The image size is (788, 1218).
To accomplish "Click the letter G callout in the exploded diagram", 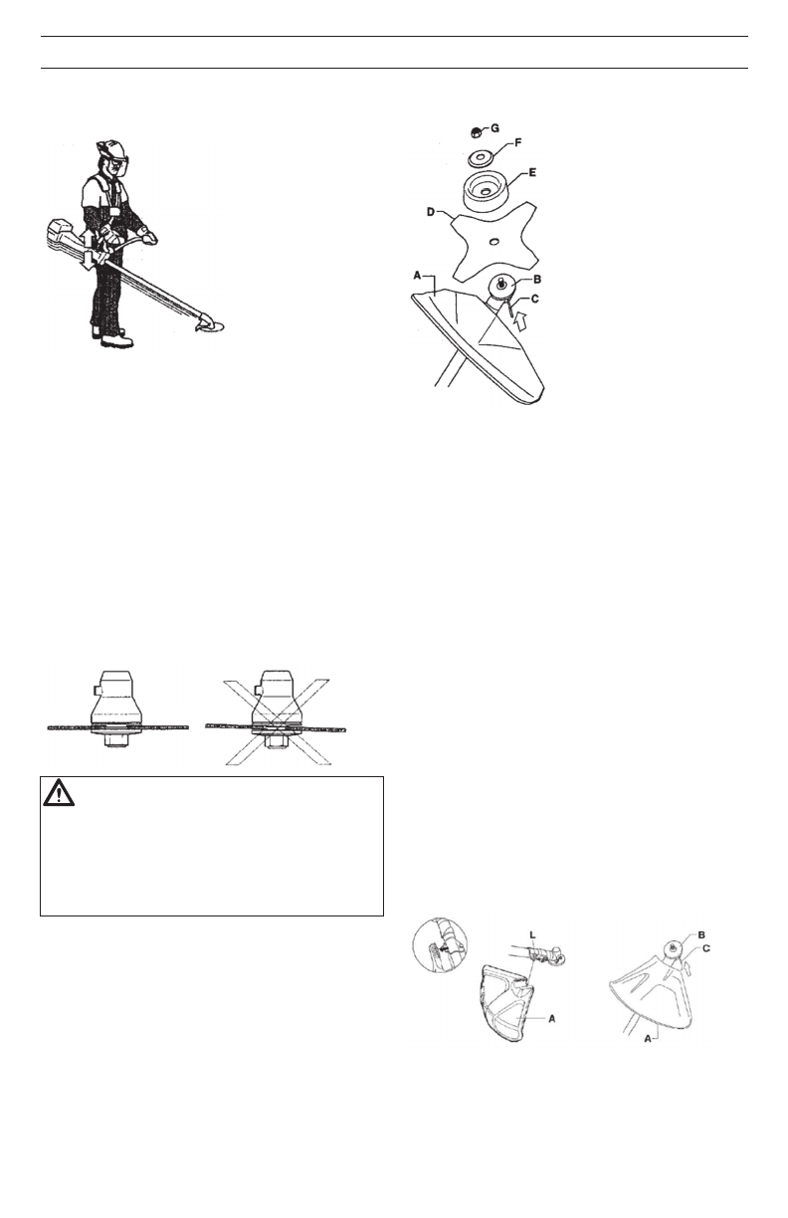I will coord(494,128).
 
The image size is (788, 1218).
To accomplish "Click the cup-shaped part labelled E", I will coord(489,194).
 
